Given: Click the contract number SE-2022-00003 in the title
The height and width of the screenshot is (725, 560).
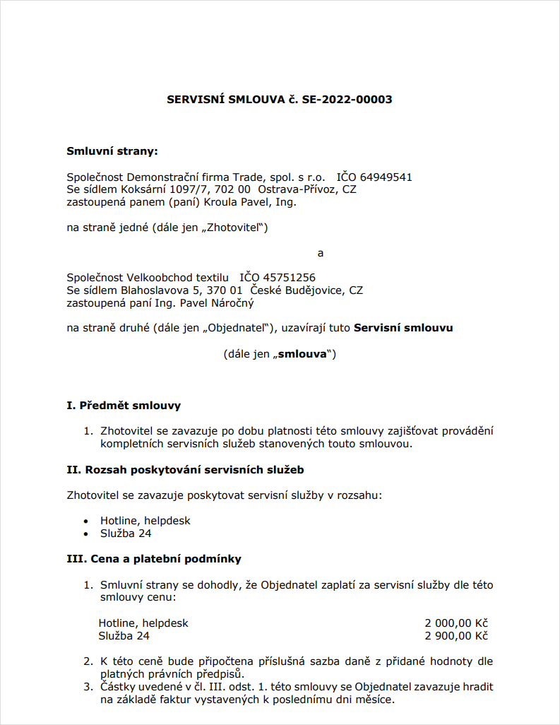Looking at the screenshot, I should click(347, 100).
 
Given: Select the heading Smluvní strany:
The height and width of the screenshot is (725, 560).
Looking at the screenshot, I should click(112, 151).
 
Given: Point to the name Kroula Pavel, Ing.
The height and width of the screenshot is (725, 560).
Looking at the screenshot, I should click(254, 203).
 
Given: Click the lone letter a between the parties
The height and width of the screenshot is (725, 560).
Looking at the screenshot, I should click(321, 253).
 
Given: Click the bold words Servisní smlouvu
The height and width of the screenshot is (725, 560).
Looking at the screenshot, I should click(403, 328).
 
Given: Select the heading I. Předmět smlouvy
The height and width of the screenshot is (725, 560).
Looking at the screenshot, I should click(124, 406).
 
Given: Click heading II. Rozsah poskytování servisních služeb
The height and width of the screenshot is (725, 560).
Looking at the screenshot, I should click(185, 469).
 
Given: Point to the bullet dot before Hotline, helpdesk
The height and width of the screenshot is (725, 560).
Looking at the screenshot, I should click(85, 521).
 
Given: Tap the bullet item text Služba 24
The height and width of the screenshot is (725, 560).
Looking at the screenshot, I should click(126, 534).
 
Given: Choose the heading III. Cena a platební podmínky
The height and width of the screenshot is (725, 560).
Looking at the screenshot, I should click(154, 559).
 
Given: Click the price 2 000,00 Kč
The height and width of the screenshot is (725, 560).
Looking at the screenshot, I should click(456, 623).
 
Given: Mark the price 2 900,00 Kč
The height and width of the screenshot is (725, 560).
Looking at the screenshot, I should click(456, 636).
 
